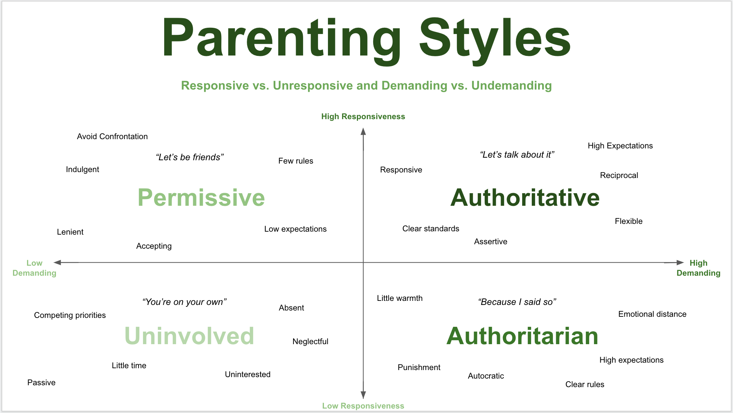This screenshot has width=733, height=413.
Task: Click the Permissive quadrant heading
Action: pyautogui.click(x=201, y=198)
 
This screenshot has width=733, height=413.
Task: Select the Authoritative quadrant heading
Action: pyautogui.click(x=525, y=198)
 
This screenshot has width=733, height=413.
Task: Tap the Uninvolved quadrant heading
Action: pyautogui.click(x=189, y=336)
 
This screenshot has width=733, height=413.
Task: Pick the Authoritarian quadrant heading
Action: pyautogui.click(x=522, y=336)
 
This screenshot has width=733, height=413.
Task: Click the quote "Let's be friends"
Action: pyautogui.click(x=190, y=157)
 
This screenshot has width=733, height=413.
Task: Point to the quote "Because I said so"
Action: pyautogui.click(x=517, y=302)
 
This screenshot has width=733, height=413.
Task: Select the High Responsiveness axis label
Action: pyautogui.click(x=363, y=117)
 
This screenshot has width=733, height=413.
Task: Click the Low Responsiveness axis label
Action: pyautogui.click(x=363, y=406)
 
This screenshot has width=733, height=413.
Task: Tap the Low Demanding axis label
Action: pyautogui.click(x=34, y=268)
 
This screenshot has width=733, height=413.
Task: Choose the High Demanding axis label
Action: pyautogui.click(x=698, y=268)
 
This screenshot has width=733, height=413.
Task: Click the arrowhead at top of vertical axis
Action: pyautogui.click(x=363, y=132)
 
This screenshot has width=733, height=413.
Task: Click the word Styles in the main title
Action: pyautogui.click(x=495, y=38)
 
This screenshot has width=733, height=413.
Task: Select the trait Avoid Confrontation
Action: pyautogui.click(x=112, y=137)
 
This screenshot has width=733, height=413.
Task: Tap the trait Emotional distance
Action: pyautogui.click(x=652, y=314)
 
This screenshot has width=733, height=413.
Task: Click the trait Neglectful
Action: pyautogui.click(x=310, y=342)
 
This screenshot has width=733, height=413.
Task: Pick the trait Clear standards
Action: pyautogui.click(x=431, y=229)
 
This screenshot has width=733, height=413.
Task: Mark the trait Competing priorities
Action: pyautogui.click(x=70, y=315)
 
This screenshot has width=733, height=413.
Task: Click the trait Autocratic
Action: pyautogui.click(x=486, y=376)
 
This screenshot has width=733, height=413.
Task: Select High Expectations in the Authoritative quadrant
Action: pyautogui.click(x=620, y=146)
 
